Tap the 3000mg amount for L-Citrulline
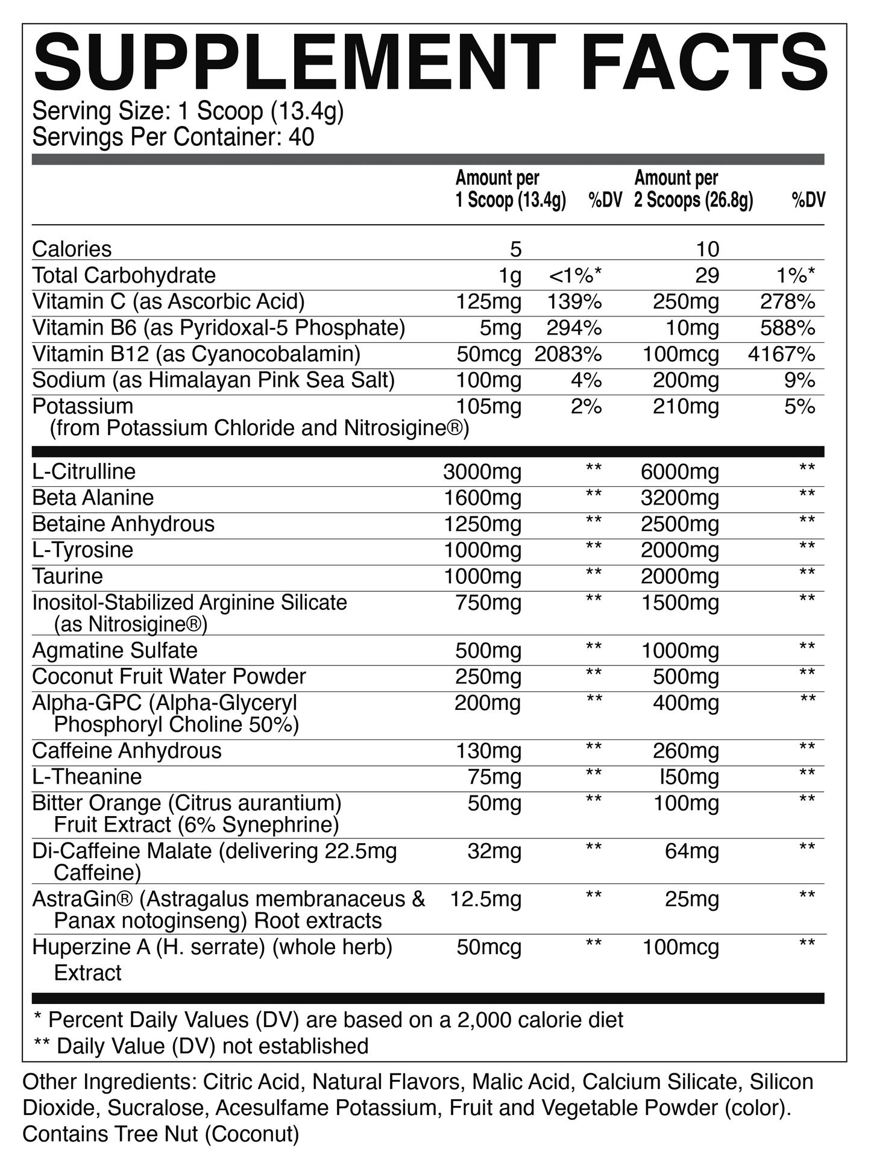tap(482, 472)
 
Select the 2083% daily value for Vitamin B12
tap(568, 354)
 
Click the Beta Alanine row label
tap(93, 498)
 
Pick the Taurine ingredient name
tap(68, 577)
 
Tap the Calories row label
tap(72, 249)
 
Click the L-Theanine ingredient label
tap(87, 777)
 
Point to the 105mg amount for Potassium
tap(488, 407)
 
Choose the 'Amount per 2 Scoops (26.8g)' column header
tap(693, 189)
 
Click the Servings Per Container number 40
tap(301, 137)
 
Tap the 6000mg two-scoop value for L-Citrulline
tap(680, 472)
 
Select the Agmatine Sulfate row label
tap(115, 651)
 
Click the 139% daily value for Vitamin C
tap(574, 302)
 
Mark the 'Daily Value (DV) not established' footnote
tap(201, 1046)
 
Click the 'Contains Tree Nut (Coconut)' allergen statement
tap(160, 1134)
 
